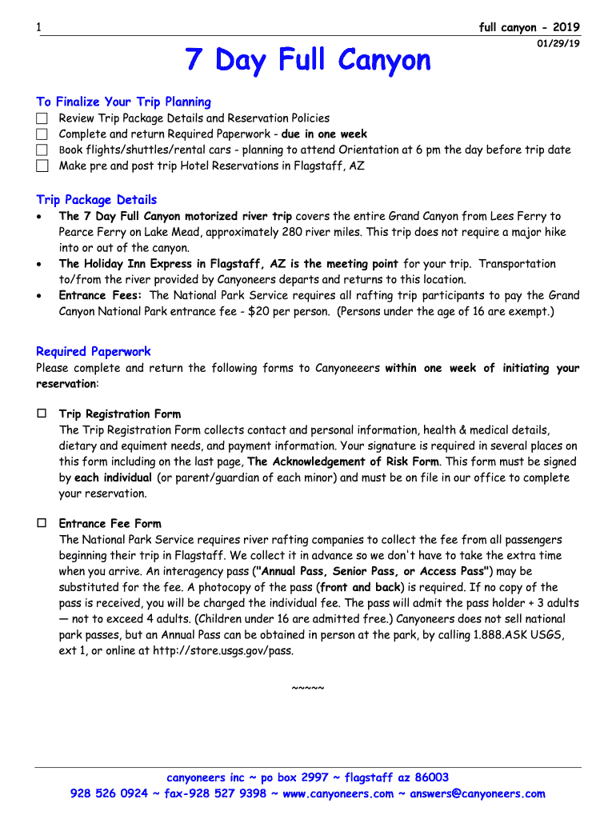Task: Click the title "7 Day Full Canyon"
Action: point(308,60)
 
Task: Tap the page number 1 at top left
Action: point(38,28)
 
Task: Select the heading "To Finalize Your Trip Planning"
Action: point(123,102)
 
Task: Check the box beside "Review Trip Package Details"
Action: point(42,118)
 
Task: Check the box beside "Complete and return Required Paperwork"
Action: point(42,134)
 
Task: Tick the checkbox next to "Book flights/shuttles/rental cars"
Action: point(42,150)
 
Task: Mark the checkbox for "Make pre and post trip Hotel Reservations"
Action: point(42,166)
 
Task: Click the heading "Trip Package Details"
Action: point(96,200)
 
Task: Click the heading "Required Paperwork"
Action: point(93,351)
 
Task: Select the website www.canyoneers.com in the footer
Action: point(338,793)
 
